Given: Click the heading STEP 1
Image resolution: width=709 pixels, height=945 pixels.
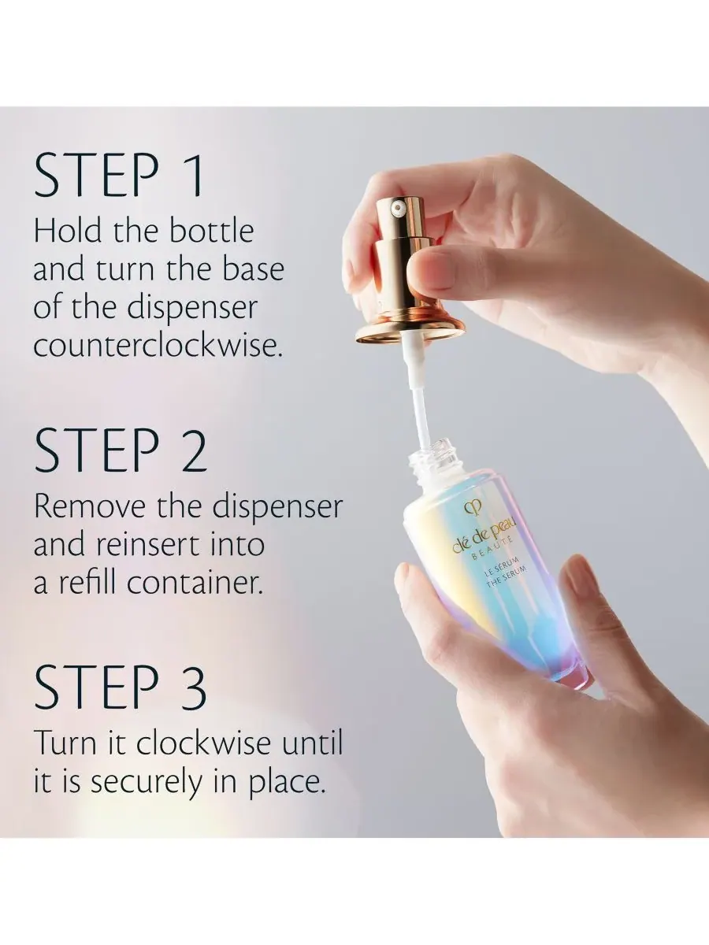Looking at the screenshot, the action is click(x=118, y=176).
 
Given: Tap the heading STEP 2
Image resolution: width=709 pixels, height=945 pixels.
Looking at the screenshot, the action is click(x=121, y=450).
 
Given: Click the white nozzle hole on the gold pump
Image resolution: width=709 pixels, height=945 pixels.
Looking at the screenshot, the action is click(x=397, y=209).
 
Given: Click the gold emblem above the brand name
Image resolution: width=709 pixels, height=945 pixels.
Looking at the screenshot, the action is click(x=469, y=508).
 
